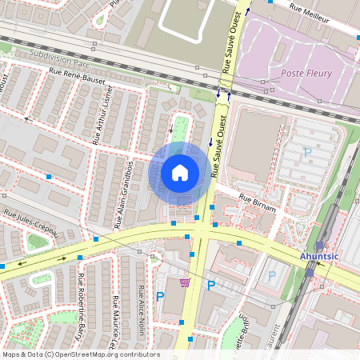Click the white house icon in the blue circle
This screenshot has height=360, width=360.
point(180,173)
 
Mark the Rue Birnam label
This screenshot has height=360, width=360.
point(257,202)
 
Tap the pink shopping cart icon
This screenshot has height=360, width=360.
point(185,282)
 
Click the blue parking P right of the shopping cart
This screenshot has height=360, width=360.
point(211,286)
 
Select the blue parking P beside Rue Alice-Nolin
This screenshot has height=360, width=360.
point(159,297)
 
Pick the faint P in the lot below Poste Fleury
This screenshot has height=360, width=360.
point(307,151)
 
